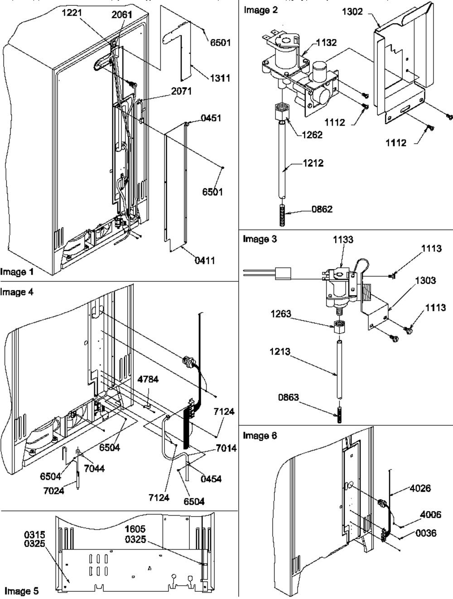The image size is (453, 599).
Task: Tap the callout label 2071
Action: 181,92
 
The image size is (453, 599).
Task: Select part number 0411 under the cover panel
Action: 205,260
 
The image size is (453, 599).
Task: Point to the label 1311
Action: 220,78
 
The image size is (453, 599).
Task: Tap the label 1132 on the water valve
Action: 326,43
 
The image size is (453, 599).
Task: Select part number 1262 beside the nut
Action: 312,135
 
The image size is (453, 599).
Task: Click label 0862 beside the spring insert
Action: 322,209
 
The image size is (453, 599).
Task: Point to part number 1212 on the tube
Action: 313,163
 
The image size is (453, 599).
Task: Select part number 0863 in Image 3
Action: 288,397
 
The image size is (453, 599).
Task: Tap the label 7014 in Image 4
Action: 226,448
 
